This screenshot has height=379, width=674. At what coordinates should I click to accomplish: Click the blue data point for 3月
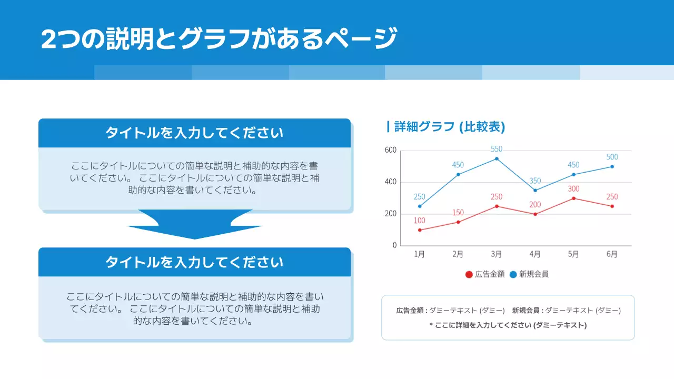tap(497, 158)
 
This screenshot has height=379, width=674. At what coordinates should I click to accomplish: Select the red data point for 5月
tap(573, 198)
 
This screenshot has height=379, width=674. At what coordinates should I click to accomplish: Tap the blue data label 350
tap(535, 181)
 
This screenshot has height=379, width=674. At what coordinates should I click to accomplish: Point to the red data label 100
tap(420, 221)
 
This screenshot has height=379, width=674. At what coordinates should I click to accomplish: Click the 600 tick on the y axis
tap(391, 150)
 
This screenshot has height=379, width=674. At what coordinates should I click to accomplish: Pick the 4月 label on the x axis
tap(535, 254)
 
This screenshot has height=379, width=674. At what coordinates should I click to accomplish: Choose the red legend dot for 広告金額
tap(469, 274)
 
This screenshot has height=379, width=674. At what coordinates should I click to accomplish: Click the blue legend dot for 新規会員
tap(513, 274)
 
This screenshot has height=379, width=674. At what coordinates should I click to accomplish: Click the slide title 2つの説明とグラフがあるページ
tap(219, 38)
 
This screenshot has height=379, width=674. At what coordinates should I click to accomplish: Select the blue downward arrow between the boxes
tap(195, 225)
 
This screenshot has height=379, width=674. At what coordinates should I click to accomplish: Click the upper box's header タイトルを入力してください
tap(194, 133)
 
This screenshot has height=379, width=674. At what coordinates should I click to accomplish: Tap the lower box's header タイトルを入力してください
tap(194, 262)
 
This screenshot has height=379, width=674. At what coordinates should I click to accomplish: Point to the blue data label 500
tap(612, 157)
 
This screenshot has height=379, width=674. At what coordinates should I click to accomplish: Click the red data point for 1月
tap(420, 230)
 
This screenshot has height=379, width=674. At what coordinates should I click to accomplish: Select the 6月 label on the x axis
tap(612, 254)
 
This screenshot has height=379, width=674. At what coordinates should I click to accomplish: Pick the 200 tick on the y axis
tap(391, 214)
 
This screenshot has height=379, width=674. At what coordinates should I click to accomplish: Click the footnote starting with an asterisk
tap(508, 325)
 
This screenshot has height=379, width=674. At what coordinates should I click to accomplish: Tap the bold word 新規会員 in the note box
tap(526, 311)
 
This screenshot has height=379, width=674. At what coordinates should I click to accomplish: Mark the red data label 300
tap(573, 188)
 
